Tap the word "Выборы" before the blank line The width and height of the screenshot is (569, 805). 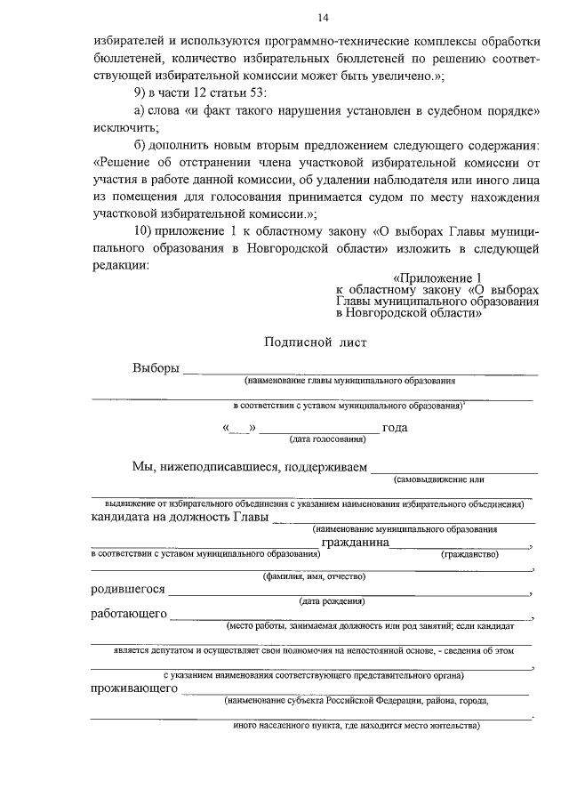(x=156, y=368)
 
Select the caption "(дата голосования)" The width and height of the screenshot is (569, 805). (x=327, y=439)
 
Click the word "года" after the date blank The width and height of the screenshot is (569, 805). (x=395, y=428)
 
